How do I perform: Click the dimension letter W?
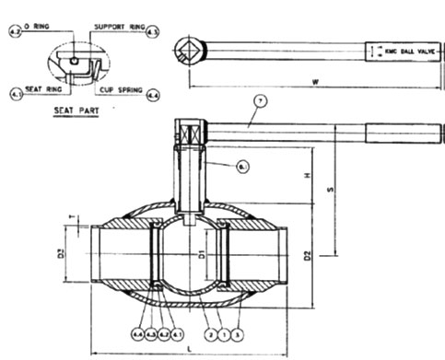tap(315, 83)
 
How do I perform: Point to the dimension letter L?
tap(190, 350)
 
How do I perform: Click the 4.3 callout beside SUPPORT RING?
tap(153, 33)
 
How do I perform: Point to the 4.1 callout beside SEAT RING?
tap(16, 93)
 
